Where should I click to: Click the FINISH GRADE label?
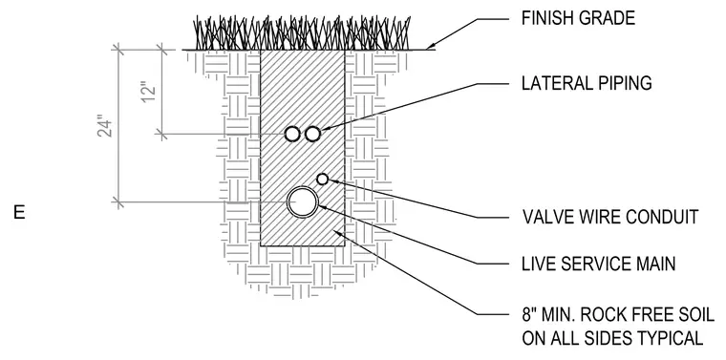578,18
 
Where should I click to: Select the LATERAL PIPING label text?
587,83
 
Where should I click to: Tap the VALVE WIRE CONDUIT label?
610,217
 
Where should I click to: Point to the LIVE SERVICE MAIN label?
599,264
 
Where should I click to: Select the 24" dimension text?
106,128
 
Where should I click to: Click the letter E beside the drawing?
19,212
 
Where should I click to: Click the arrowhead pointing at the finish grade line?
431,46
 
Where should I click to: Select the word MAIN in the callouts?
653,264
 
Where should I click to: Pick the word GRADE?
608,18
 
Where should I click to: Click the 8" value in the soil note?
529,315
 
